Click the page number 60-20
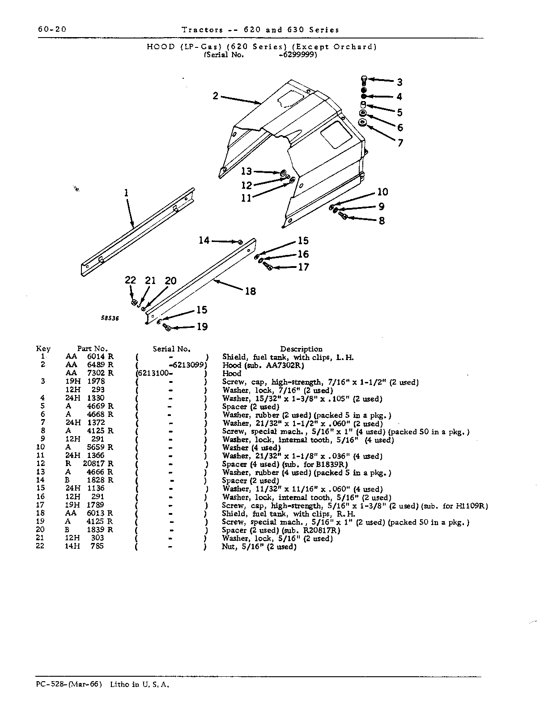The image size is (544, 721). pyautogui.click(x=52, y=29)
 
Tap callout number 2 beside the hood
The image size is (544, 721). pyautogui.click(x=215, y=96)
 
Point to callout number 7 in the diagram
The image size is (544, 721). pyautogui.click(x=400, y=143)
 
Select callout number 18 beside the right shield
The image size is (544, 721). pyautogui.click(x=251, y=291)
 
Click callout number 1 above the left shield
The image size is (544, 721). pyautogui.click(x=126, y=193)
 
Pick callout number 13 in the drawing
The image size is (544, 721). pyautogui.click(x=246, y=171)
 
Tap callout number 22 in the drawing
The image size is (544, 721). pyautogui.click(x=131, y=280)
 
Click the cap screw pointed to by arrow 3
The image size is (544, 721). pyautogui.click(x=364, y=81)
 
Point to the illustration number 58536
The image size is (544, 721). pyautogui.click(x=110, y=318)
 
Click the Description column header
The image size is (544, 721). pyautogui.click(x=301, y=349)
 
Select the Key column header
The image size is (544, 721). pyautogui.click(x=43, y=349)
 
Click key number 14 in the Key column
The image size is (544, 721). pyautogui.click(x=40, y=480)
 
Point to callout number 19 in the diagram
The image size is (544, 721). pyautogui.click(x=202, y=327)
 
